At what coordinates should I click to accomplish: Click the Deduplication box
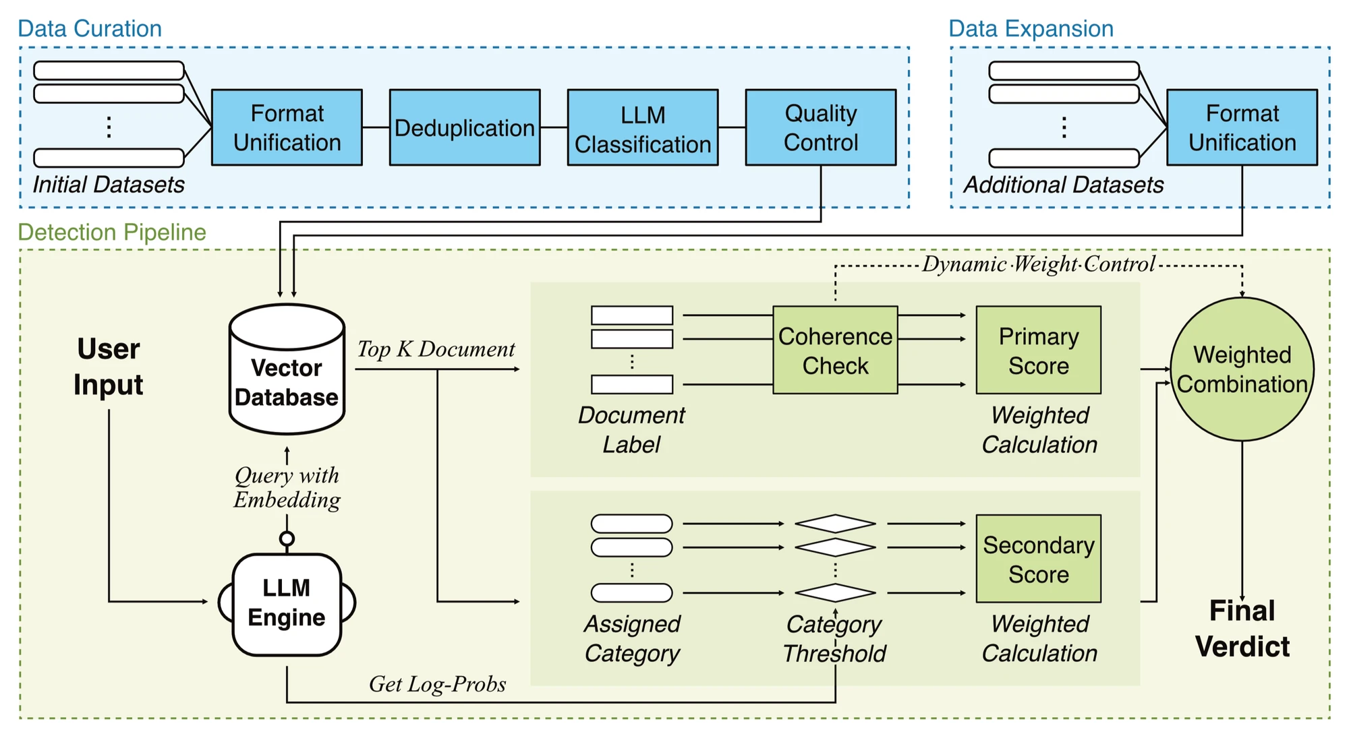pos(465,127)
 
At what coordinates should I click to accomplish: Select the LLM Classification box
pos(643,127)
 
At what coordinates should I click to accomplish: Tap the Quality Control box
pos(821,127)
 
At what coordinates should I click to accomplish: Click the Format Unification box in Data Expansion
pos(1242,127)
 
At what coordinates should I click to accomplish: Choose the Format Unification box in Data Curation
pos(287,127)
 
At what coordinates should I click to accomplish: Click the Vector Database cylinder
pos(287,369)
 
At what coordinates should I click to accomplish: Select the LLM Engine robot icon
pos(287,603)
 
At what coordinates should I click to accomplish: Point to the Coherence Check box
pos(835,350)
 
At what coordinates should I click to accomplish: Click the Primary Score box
pos(1039,350)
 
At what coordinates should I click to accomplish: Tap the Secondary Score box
pos(1039,559)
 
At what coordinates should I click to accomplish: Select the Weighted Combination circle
pos(1242,369)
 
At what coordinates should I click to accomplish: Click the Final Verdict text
pos(1242,628)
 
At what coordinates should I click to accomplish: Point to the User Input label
pos(109,367)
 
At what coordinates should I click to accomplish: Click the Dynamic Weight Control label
pos(1039,264)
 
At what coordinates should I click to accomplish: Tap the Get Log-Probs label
pos(437,684)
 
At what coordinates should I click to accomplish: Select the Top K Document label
pos(436,349)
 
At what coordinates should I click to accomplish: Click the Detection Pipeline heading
pos(112,232)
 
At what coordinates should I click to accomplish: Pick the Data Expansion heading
pos(1031,28)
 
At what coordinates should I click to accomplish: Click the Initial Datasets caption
pos(109,185)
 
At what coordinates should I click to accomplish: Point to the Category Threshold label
pos(834,639)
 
